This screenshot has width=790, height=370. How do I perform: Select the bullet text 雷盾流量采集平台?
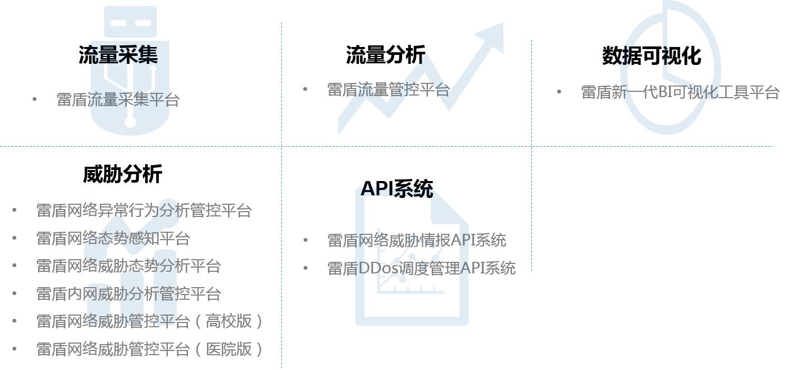(118, 100)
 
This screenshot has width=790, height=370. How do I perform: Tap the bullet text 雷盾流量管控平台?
(388, 90)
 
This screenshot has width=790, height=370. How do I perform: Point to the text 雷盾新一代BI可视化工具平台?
(680, 92)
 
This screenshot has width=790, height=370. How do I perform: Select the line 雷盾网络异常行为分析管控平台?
(144, 211)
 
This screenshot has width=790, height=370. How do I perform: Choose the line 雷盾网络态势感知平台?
(113, 238)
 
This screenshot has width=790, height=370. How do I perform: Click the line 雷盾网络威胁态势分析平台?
(129, 266)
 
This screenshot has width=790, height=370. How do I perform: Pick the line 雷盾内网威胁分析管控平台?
(129, 293)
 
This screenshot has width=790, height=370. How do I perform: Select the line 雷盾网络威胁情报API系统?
(416, 240)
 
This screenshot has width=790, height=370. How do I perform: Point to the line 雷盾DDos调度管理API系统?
(421, 268)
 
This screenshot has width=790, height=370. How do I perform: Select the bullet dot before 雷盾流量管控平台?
(305, 89)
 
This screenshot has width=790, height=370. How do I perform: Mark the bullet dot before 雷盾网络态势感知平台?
(14, 238)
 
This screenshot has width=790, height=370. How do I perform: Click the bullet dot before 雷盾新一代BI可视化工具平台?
(559, 92)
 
